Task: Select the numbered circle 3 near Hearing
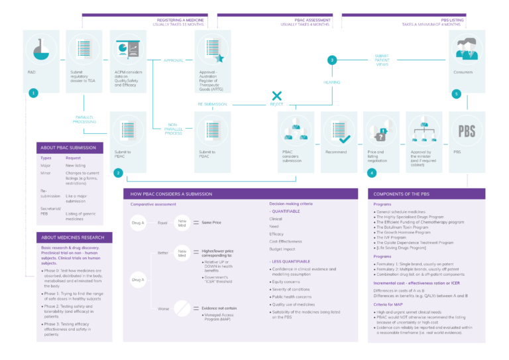pos(332,60)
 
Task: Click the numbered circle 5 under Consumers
pos(456,93)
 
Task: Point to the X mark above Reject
pos(277,96)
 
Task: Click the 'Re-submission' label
pos(212,105)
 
